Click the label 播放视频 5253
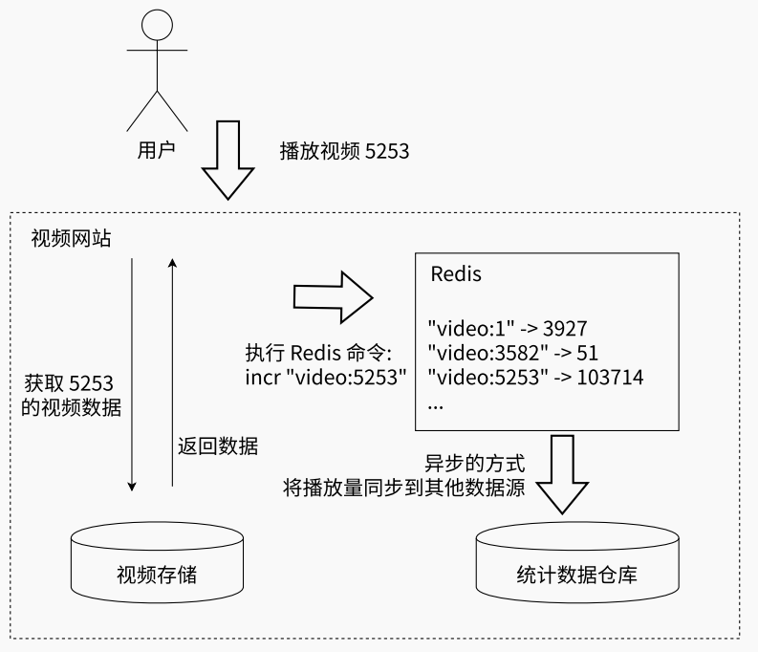(344, 150)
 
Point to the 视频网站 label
(71, 238)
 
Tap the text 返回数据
(217, 446)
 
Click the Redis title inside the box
(456, 273)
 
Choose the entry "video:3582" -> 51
(513, 352)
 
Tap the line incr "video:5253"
(326, 377)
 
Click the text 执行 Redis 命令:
(326, 352)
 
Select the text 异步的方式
(475, 464)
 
